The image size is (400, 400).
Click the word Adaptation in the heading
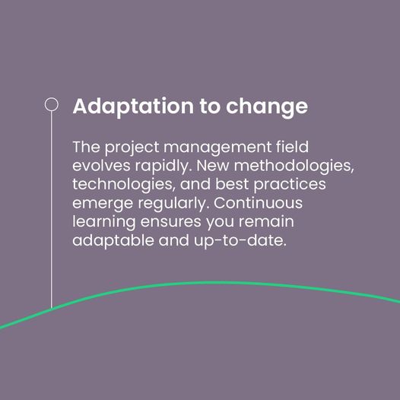click(133, 106)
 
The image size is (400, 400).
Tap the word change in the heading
click(267, 107)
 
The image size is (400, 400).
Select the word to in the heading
click(210, 106)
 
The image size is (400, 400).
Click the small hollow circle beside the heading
click(51, 104)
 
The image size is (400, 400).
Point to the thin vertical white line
click(51, 210)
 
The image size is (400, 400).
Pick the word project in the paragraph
click(132, 148)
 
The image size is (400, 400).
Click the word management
click(217, 148)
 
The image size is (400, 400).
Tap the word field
click(292, 147)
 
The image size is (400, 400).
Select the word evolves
click(101, 166)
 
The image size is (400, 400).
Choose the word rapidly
click(163, 167)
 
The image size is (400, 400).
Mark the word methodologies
click(294, 167)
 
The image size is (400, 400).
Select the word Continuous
click(258, 203)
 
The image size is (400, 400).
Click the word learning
click(104, 223)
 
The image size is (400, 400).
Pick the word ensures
click(170, 222)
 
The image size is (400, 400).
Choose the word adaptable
click(113, 241)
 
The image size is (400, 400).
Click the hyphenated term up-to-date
click(240, 241)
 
